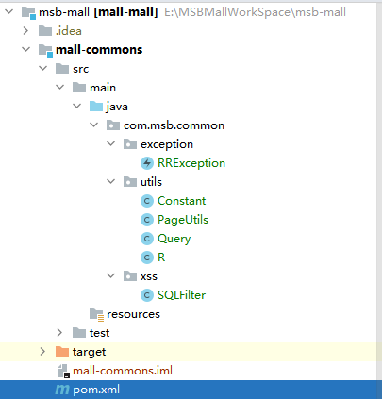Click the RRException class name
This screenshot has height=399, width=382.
point(191,163)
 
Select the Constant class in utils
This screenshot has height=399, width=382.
point(181,201)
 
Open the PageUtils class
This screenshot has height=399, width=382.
point(183,220)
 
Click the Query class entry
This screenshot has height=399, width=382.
point(174,239)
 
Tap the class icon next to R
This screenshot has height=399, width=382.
point(147,258)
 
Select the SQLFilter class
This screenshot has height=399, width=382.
point(181,295)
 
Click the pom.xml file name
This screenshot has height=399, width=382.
point(96,390)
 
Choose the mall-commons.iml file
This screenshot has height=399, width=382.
point(123,371)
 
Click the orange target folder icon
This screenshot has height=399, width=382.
point(62,352)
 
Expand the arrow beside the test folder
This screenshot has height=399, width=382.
point(59,333)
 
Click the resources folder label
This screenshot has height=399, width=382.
point(133,314)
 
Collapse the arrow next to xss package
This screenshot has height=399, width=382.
point(111,276)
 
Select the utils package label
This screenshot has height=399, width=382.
point(151,182)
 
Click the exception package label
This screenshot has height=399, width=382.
point(167,144)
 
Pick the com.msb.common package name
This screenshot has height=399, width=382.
point(174,125)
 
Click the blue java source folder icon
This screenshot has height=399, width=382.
point(96,107)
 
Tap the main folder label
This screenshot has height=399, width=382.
point(103,88)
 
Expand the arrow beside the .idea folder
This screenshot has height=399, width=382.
point(25,31)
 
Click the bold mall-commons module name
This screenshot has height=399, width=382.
point(99,50)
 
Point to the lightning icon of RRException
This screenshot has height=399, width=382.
point(147,163)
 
